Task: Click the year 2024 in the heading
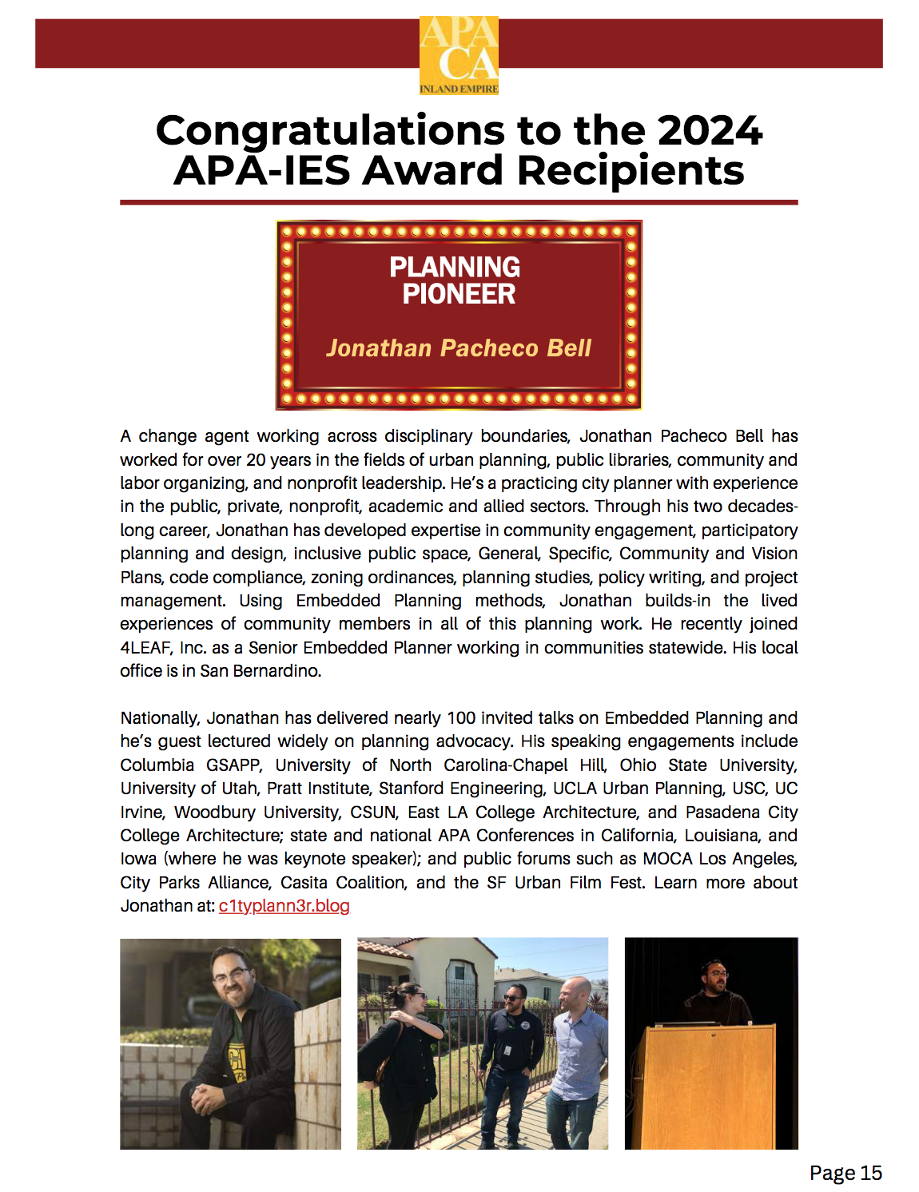click(x=710, y=130)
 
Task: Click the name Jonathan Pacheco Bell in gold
click(x=458, y=348)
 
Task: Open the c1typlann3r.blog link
click(x=284, y=906)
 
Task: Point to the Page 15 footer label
click(x=845, y=1173)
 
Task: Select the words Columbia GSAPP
click(x=190, y=765)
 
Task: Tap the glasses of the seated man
click(x=232, y=975)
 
